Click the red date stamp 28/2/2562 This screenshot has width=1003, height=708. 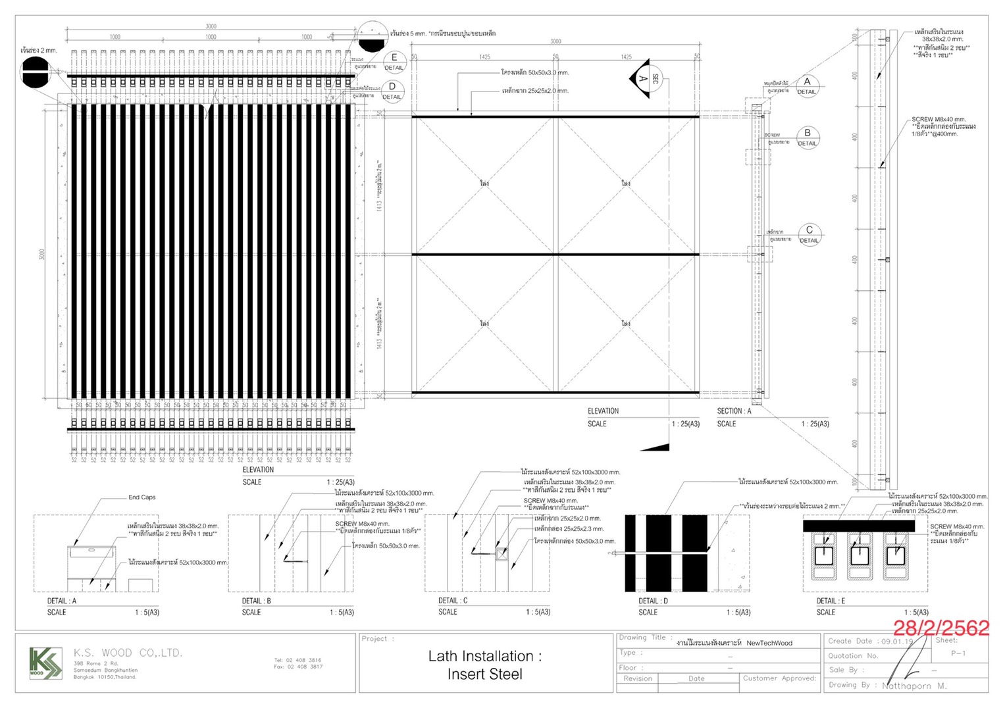tap(940, 628)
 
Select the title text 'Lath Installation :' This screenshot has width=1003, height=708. tap(484, 656)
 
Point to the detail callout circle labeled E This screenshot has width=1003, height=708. tap(394, 62)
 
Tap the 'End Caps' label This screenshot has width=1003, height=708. tap(142, 497)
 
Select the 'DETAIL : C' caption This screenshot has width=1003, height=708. tap(453, 601)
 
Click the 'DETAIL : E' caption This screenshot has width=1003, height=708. tap(831, 601)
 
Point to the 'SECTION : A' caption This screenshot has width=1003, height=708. tap(734, 411)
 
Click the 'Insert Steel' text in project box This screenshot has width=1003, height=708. tap(484, 674)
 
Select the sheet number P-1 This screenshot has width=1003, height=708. tap(958, 653)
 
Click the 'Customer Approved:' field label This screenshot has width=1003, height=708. tap(779, 678)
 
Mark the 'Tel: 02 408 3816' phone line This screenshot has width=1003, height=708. tap(298, 660)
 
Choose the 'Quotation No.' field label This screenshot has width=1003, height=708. tap(853, 655)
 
